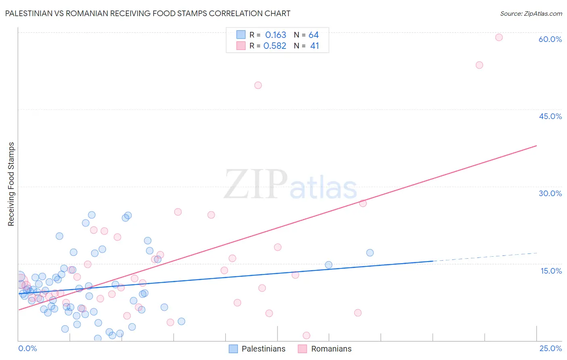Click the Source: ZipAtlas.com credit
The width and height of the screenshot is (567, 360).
coord(531,13)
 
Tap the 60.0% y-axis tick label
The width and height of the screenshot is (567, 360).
coord(550,39)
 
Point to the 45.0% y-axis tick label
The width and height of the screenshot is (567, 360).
coord(550,116)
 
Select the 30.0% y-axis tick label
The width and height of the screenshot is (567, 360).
coord(550,193)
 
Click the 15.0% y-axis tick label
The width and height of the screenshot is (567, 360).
coord(551,271)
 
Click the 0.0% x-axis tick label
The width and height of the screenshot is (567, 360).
coord(27,348)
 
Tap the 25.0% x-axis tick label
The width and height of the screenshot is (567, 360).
coord(550,348)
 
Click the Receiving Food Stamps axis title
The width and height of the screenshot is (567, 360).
coord(11,184)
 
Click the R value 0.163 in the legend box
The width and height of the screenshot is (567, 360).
coord(275,35)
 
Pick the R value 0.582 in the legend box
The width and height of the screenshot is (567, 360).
coord(275,46)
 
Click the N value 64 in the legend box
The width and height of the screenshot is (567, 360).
coord(314,35)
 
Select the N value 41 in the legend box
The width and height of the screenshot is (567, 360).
coord(315,46)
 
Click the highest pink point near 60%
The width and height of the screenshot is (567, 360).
coord(499,38)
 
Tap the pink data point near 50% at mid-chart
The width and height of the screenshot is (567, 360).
coord(258,85)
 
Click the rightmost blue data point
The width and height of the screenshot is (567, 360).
coord(370,253)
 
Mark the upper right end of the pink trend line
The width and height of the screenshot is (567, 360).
coord(536,145)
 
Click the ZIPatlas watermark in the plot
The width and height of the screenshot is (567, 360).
coord(290,185)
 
